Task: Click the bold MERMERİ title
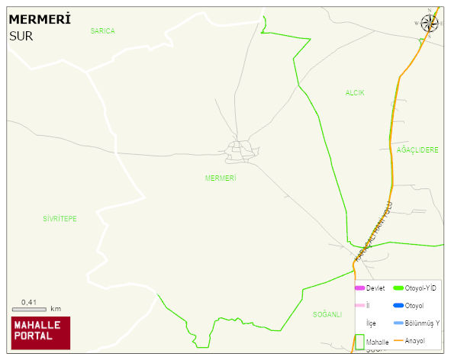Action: tap(39, 19)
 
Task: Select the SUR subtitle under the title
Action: tap(21, 35)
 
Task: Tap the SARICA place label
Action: tap(102, 31)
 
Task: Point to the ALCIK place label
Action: tap(355, 92)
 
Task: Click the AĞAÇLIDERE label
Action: tap(417, 150)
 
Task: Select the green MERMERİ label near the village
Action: tap(221, 178)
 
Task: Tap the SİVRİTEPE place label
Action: tap(60, 219)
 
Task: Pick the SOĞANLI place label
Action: tap(327, 314)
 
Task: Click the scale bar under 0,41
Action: tap(29, 310)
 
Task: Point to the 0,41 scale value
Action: tap(29, 302)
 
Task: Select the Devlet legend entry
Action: tap(370, 288)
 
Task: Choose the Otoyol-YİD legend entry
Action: tap(415, 288)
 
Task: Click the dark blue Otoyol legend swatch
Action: tap(398, 306)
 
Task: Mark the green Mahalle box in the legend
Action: tap(359, 341)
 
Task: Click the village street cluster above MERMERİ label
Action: tap(242, 151)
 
